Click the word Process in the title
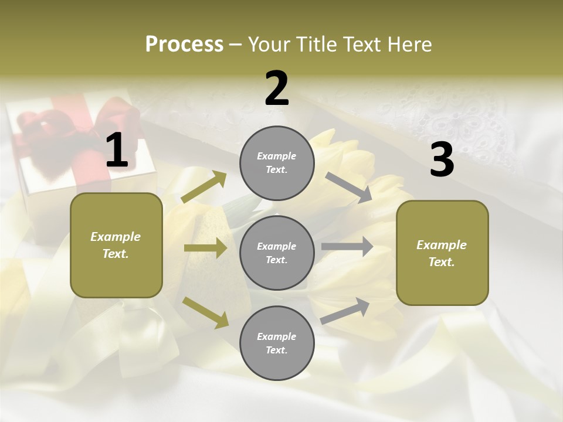[x=184, y=45]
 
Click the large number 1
[x=117, y=151]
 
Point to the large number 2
[x=277, y=89]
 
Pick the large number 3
[x=442, y=160]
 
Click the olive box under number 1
[x=116, y=245]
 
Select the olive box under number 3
[x=442, y=253]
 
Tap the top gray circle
[x=277, y=163]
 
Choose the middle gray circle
[x=277, y=253]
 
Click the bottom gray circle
[x=277, y=343]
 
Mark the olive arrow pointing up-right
[x=204, y=187]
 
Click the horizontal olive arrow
[x=205, y=248]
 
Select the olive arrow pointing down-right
[x=205, y=312]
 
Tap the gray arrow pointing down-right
[x=349, y=188]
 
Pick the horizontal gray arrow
[x=347, y=246]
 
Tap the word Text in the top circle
[x=276, y=170]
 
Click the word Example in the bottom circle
[x=276, y=336]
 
